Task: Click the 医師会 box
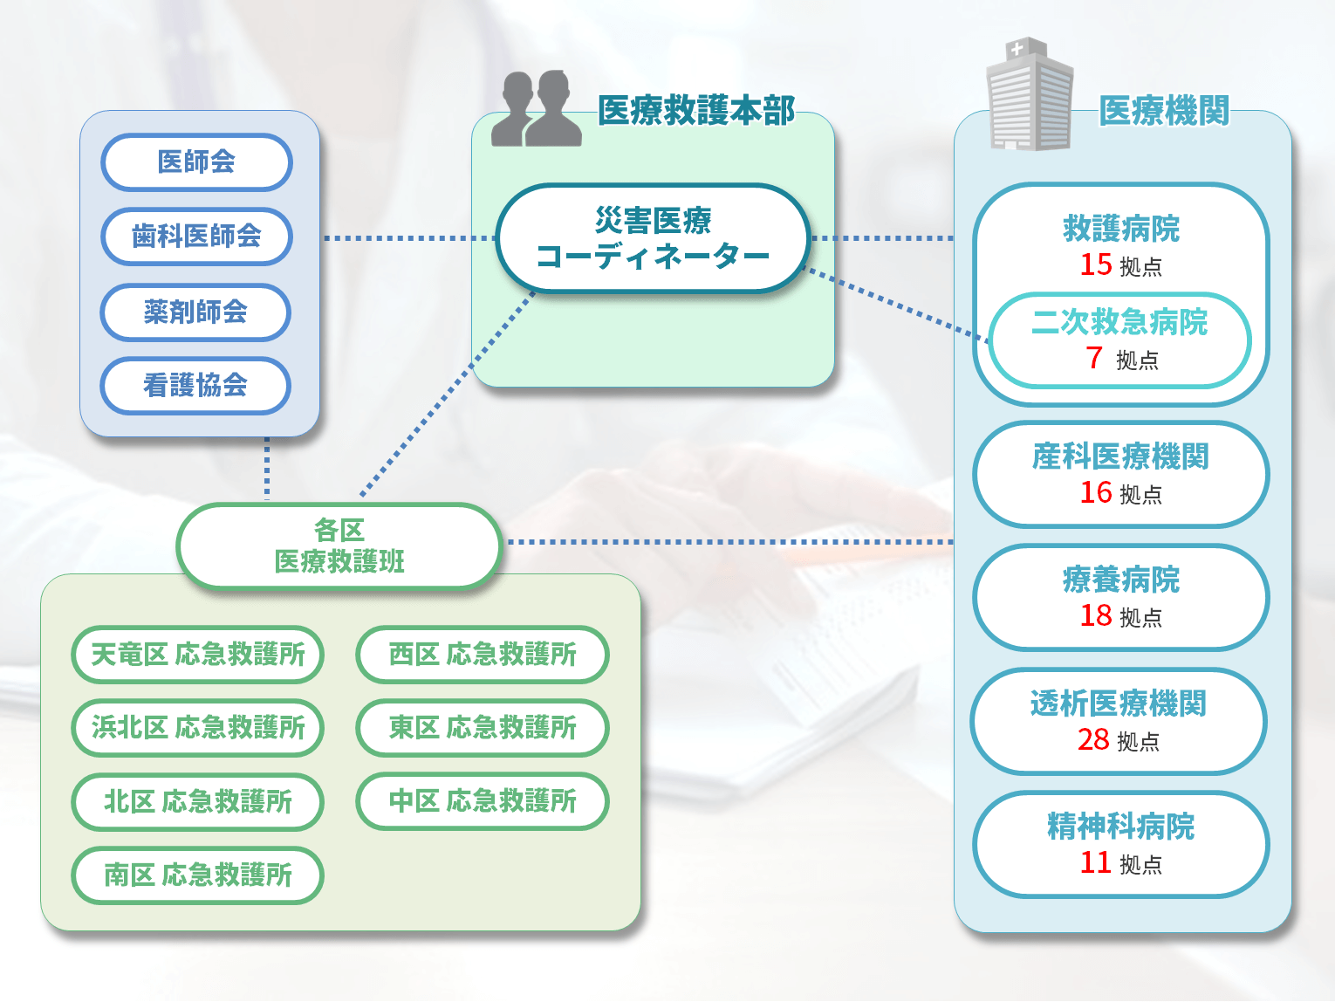tap(196, 162)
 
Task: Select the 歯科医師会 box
tap(196, 237)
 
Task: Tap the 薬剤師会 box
tap(196, 312)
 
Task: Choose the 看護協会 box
tap(196, 385)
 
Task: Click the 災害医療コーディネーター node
tap(653, 237)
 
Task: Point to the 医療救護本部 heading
tap(695, 111)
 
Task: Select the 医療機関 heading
tap(1164, 111)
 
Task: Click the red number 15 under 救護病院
tap(1096, 264)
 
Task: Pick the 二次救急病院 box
tap(1120, 340)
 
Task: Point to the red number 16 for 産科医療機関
tap(1096, 492)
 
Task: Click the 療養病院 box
tap(1120, 598)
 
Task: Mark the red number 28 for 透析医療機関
tap(1093, 739)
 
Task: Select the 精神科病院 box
tap(1120, 844)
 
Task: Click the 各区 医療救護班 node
tap(339, 546)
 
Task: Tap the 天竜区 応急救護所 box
tap(198, 655)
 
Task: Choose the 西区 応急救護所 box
tap(482, 655)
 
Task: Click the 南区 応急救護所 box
tap(198, 875)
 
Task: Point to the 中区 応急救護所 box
tap(482, 801)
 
